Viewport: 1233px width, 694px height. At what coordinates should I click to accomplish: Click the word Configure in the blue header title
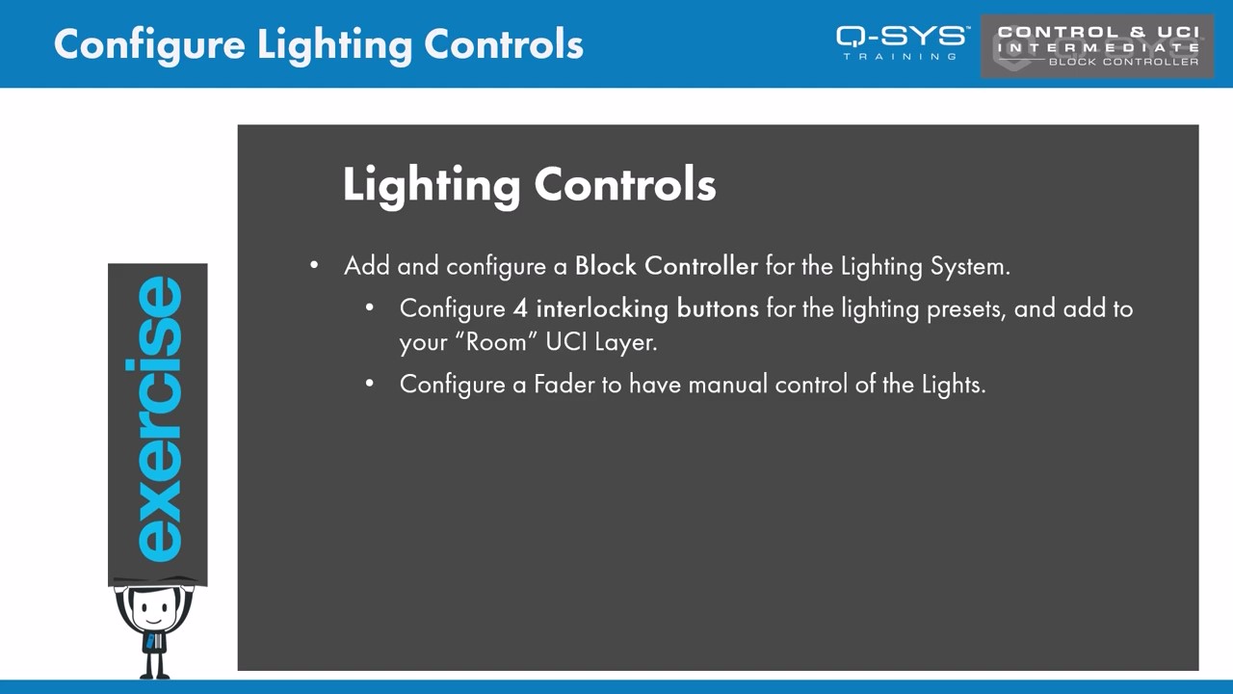149,45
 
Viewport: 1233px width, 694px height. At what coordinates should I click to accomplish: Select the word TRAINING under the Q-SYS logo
901,56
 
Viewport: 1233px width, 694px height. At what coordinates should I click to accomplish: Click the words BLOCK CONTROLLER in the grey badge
1123,62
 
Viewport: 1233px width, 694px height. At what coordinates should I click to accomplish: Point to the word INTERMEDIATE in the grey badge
1098,47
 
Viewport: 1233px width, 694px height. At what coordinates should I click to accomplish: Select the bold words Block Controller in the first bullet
666,266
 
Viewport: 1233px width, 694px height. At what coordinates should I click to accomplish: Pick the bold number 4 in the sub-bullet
520,308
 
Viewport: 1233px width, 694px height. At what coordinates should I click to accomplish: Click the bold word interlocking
602,309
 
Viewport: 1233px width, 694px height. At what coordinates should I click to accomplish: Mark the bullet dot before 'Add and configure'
314,265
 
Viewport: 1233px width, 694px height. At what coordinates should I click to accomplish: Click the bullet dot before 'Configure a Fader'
369,384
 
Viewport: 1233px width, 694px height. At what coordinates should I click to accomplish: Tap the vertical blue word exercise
159,419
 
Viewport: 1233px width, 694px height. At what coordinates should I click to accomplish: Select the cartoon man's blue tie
149,641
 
